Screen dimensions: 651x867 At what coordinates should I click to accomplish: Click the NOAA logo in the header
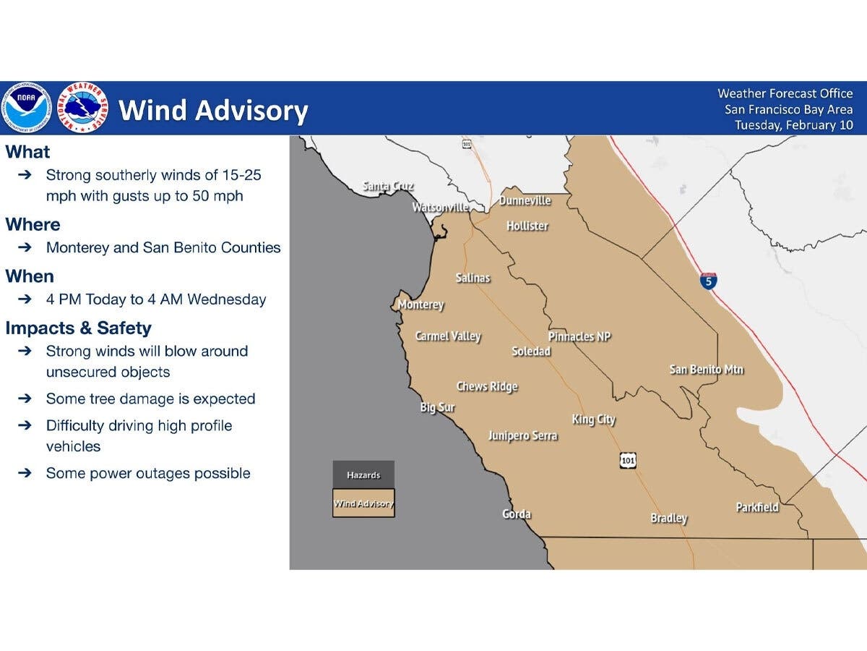[27, 108]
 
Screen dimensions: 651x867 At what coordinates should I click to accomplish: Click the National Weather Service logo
[82, 108]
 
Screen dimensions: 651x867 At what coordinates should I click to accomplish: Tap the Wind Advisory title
[213, 111]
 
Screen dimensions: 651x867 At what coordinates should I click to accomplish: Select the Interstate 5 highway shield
[709, 281]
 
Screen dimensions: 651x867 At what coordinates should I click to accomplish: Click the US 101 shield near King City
[627, 460]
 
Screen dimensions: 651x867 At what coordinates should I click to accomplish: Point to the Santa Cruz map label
[388, 187]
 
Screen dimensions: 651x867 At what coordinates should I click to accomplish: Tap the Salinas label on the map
[473, 278]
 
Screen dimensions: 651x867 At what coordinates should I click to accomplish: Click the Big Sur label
[437, 408]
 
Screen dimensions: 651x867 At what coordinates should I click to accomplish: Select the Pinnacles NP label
[579, 336]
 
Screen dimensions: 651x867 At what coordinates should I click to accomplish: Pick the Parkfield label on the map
[757, 507]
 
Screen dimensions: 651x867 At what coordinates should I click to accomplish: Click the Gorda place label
[517, 514]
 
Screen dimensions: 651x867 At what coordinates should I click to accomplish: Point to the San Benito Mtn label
[706, 370]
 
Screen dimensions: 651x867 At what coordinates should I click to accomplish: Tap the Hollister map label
[527, 226]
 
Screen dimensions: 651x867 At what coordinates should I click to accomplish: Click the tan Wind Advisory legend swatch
[363, 503]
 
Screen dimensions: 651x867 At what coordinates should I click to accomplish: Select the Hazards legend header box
[363, 475]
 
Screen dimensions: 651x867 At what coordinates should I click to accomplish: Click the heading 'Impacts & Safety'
[78, 328]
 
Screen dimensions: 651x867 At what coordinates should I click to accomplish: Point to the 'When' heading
[30, 276]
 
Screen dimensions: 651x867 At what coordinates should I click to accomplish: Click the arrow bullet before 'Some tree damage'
[25, 399]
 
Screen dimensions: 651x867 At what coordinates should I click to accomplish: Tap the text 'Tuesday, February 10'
[794, 125]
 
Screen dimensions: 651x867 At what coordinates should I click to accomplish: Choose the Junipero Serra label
[522, 435]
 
